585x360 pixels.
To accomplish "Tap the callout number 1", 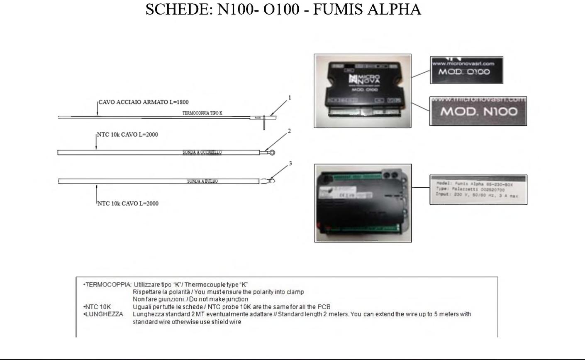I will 290,98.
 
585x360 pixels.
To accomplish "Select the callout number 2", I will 289,131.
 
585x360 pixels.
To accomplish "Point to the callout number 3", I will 290,164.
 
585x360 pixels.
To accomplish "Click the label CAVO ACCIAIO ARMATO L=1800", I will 144,102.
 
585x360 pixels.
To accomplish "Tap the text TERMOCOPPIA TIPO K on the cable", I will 202,113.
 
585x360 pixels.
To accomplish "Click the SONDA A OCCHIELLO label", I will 202,152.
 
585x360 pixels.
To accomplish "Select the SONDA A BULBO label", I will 202,181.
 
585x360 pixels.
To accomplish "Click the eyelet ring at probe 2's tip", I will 272,152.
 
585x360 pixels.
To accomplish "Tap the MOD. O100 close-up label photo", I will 466,70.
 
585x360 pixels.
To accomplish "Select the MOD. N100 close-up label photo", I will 478,111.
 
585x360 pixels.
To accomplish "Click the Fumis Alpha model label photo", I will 478,190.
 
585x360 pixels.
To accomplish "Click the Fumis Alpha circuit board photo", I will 363,203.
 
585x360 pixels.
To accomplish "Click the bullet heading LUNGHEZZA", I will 104,314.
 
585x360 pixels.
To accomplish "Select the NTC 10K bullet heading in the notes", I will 97,307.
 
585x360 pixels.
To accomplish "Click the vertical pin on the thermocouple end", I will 264,124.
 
